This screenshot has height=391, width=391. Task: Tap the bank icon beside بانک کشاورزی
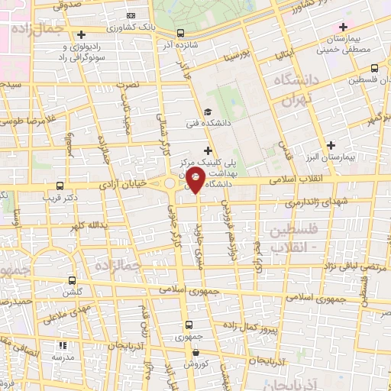point(131,16)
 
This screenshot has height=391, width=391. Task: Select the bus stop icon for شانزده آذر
point(180,33)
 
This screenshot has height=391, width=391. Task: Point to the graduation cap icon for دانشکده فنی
point(208,111)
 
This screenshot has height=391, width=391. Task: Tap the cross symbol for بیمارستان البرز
point(331,144)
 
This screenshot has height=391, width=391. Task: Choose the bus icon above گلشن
point(72,280)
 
